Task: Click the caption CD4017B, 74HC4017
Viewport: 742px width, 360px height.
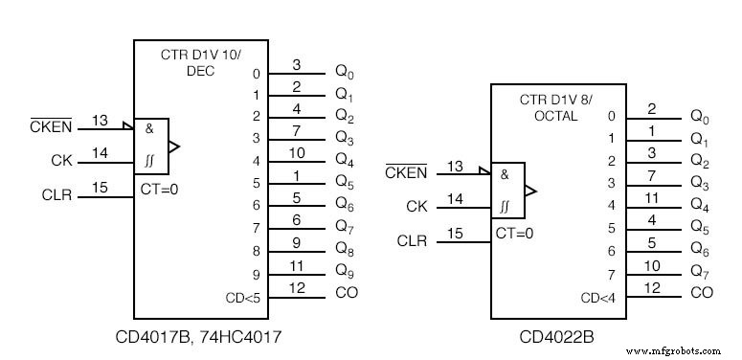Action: (212, 337)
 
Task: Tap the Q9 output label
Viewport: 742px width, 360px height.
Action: (345, 271)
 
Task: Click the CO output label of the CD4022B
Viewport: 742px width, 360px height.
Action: (701, 292)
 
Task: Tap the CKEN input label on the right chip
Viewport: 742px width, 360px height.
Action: (405, 172)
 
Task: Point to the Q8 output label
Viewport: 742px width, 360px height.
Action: (345, 249)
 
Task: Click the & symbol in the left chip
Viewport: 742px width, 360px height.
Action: (149, 127)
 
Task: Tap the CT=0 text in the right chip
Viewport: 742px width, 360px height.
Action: (513, 233)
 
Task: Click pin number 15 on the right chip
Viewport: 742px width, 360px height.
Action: (455, 233)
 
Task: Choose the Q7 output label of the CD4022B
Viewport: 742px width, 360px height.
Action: (701, 271)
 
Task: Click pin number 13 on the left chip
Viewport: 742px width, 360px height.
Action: (100, 120)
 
